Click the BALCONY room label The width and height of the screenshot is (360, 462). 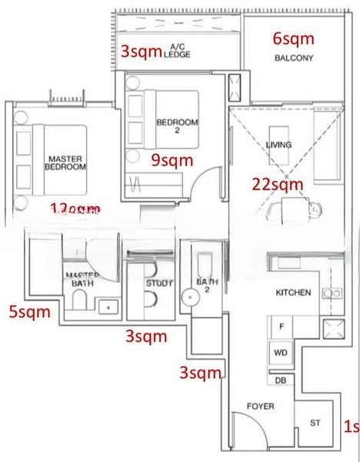point(292,58)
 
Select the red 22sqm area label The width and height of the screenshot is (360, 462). point(278,184)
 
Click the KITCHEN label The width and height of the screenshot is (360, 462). point(293,293)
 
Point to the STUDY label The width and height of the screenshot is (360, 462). point(158,283)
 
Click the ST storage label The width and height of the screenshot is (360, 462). point(315,422)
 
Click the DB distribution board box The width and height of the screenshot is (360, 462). point(280,380)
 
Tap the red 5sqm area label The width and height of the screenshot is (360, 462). point(29,312)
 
